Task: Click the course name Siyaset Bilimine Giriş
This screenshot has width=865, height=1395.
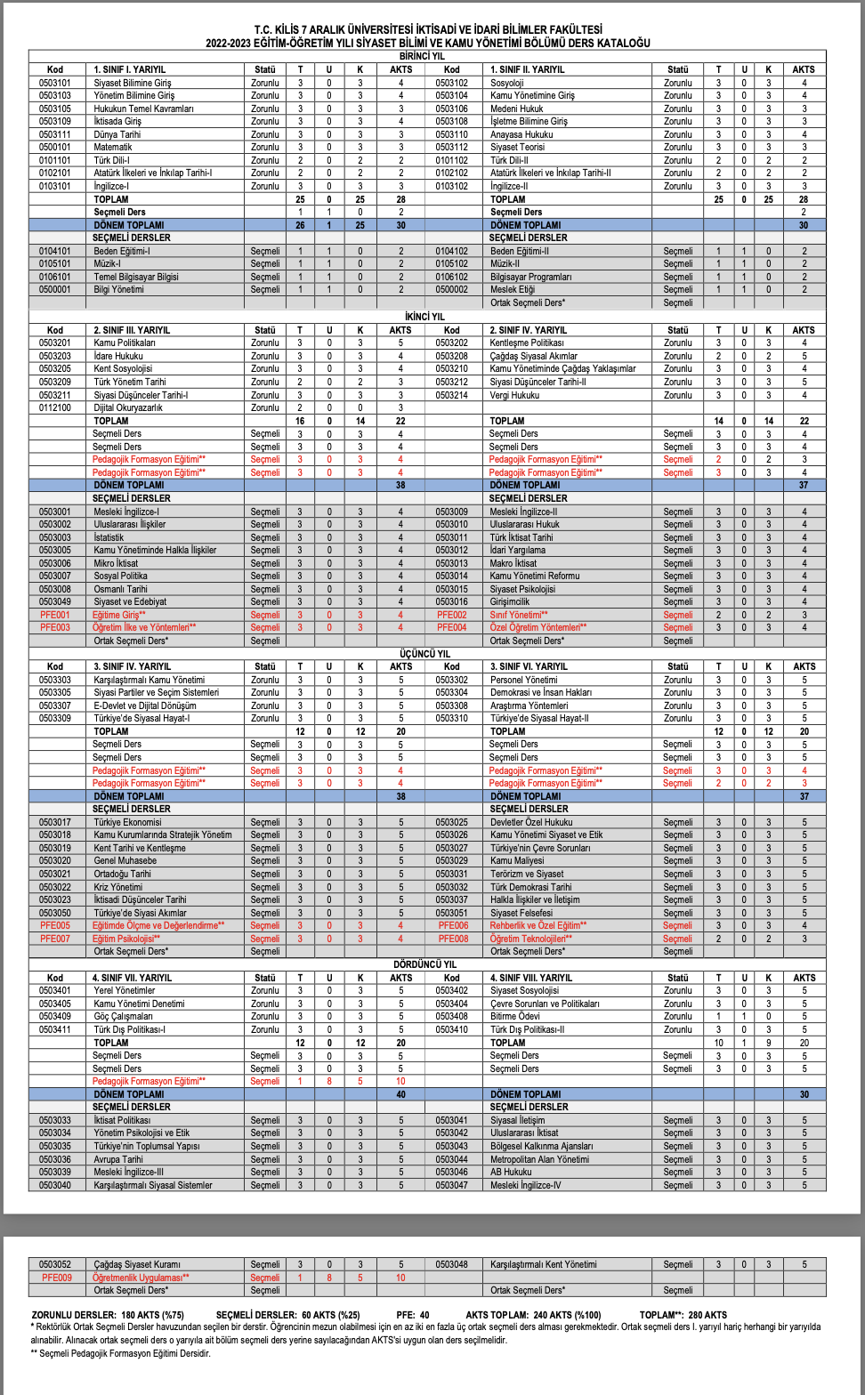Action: point(133,83)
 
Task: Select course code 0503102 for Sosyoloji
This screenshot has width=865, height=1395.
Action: point(451,83)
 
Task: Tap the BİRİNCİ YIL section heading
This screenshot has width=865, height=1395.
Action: point(422,56)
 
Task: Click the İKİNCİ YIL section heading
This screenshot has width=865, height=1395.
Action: point(424,317)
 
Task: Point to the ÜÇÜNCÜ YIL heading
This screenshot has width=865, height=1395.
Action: point(424,654)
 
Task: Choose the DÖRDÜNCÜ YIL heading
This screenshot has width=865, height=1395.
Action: point(424,964)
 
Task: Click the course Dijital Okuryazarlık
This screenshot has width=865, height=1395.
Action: point(128,407)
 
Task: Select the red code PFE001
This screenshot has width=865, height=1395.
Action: point(55,615)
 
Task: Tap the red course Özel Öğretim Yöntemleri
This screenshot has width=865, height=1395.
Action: point(538,627)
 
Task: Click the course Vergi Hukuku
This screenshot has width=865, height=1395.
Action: point(514,395)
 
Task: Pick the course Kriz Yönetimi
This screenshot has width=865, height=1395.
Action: point(117,887)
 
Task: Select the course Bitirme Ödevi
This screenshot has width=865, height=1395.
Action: point(515,1016)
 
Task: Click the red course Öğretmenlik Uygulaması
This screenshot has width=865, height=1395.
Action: point(141,1278)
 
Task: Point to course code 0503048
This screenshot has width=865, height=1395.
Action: point(451,1264)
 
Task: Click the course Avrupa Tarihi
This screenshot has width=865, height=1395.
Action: point(118,1159)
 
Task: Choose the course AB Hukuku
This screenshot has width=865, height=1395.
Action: point(511,1172)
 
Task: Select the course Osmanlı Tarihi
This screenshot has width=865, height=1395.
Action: point(120,589)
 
